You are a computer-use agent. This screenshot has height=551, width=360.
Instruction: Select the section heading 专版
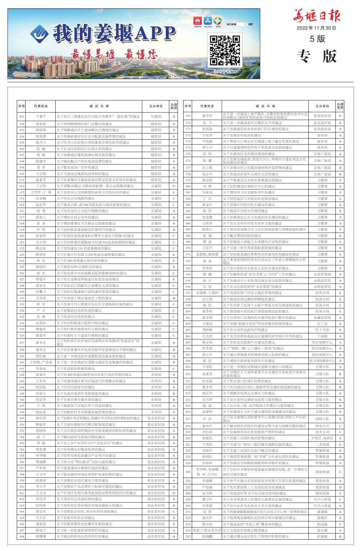[x=317, y=56]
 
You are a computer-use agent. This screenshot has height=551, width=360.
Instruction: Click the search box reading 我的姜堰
[x=236, y=24]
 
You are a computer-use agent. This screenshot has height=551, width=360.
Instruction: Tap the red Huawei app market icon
[x=197, y=21]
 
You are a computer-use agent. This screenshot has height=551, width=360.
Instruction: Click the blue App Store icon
[x=208, y=21]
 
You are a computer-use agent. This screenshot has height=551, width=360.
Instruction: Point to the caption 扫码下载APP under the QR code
[x=225, y=72]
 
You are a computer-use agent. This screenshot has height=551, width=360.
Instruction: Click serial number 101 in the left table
[x=22, y=116]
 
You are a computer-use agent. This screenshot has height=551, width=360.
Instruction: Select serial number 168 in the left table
[x=22, y=536]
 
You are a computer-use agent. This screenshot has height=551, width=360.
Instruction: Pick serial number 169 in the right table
[x=187, y=116]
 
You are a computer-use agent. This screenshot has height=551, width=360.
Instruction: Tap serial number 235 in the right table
[x=187, y=536]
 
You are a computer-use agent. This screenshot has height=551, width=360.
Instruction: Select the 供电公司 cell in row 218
[x=322, y=426]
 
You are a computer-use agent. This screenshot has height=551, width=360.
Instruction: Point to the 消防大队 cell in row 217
[x=322, y=419]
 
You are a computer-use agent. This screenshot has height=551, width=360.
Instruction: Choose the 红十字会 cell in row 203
[x=322, y=330]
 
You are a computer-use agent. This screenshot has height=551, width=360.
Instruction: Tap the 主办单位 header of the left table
[x=156, y=106]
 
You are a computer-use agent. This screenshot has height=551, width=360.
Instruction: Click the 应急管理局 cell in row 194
[x=322, y=274]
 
